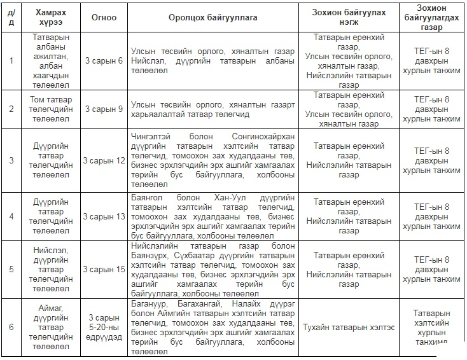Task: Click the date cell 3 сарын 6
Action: tap(104, 60)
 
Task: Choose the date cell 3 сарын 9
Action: tap(104, 109)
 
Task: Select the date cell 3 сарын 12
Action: tap(104, 160)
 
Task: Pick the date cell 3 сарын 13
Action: tap(104, 216)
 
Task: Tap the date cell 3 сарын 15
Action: tap(104, 269)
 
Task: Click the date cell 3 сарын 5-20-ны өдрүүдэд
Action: tap(104, 327)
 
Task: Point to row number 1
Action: tap(11, 60)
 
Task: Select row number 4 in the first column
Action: tap(11, 216)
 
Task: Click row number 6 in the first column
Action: tap(11, 327)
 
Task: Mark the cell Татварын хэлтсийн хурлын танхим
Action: tap(431, 327)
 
